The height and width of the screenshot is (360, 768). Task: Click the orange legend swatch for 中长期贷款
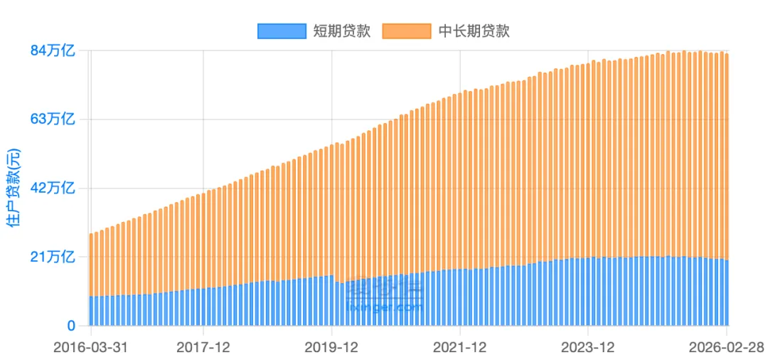point(407,31)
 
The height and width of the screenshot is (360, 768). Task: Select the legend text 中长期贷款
point(474,31)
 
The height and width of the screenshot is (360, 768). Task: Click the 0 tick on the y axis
point(71,326)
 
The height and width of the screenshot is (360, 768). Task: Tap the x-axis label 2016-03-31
point(90,348)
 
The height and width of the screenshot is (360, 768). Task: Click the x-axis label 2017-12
point(203,348)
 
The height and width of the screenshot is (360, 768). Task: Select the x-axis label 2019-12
point(331,348)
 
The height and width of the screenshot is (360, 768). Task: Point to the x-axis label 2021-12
point(460,348)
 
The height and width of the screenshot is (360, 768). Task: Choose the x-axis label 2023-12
point(588,348)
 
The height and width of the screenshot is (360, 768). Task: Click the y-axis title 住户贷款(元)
point(14,189)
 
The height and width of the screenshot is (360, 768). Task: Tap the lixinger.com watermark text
point(384,307)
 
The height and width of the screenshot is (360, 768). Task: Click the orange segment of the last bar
point(727,157)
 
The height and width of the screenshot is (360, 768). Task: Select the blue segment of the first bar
point(91,311)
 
